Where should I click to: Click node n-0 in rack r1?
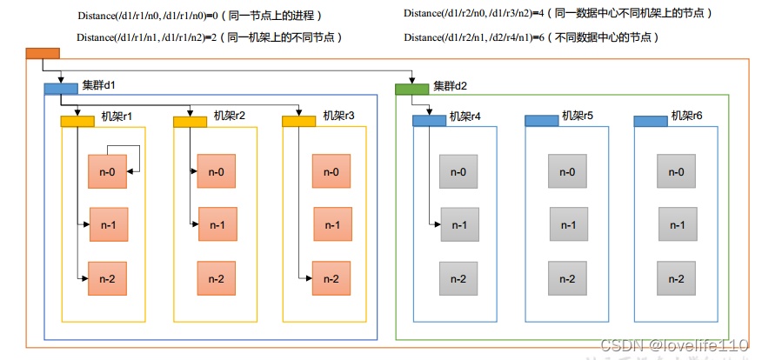coord(107,172)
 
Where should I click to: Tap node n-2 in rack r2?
coord(217,278)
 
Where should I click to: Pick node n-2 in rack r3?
coord(331,278)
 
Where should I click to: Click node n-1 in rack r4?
coord(458,225)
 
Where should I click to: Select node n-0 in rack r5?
coord(566,172)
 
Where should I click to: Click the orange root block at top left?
coord(43,53)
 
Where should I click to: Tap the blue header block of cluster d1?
coord(61,88)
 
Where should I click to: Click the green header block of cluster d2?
coord(411,88)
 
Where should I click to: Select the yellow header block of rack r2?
coord(190,121)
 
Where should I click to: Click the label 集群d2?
coord(451,85)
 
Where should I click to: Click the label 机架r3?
coord(338,116)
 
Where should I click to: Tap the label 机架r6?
coord(687,116)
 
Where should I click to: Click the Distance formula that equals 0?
coord(198,15)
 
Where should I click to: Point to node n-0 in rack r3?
coord(331,172)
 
